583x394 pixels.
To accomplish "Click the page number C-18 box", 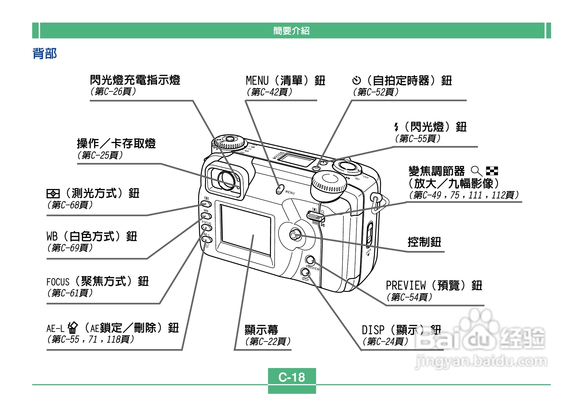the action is tap(292, 377).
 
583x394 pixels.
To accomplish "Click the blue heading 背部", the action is tap(45, 54).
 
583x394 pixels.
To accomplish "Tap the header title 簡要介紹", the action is tap(291, 30).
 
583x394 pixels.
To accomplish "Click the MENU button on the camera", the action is tap(279, 190).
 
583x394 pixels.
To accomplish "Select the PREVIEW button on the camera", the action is tap(310, 260).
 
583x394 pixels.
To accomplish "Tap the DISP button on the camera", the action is tap(305, 272).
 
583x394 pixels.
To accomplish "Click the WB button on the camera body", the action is tap(206, 216).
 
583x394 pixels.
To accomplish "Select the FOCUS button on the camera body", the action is tap(206, 228).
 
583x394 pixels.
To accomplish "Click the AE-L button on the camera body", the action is tap(207, 240).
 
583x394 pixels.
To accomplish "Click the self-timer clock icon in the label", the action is tap(356, 81).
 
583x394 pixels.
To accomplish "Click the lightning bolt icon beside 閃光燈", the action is tap(396, 127).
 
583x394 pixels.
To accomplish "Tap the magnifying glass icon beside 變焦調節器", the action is tap(476, 171).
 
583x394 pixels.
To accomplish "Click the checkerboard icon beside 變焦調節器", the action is tap(492, 171).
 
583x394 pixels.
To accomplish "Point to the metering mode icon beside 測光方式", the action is tap(53, 194).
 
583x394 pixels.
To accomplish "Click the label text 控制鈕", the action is tap(424, 242).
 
